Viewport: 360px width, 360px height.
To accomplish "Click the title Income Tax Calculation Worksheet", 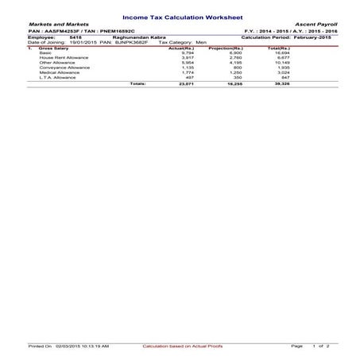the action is coord(180,16).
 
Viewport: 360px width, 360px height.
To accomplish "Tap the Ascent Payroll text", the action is coord(317,25).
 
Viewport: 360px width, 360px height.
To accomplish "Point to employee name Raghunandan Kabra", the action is coord(137,37).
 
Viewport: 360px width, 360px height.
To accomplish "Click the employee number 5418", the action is coord(75,37).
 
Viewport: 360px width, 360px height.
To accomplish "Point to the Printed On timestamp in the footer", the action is coord(68,346).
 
